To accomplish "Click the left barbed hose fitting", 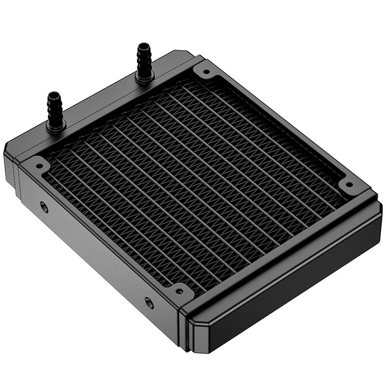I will (x=55, y=110).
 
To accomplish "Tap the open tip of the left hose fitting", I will (x=54, y=94).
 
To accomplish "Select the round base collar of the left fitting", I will (x=55, y=126).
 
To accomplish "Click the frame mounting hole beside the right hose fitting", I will (x=207, y=73).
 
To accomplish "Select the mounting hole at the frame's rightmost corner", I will (x=348, y=184).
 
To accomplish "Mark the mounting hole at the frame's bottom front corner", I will (x=179, y=291).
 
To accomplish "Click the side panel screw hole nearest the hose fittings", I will (x=44, y=207).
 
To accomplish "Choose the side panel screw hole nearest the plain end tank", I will (x=150, y=303).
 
